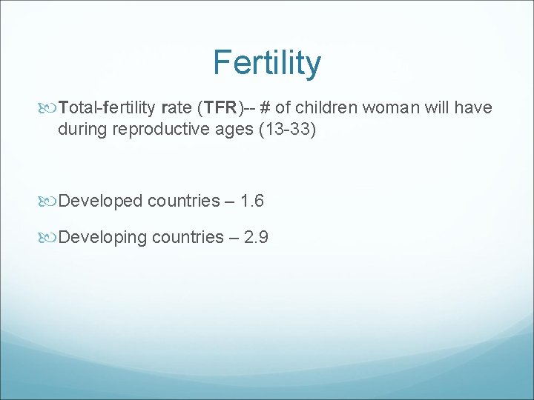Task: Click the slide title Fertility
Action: coord(267,63)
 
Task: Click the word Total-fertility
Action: coord(107,108)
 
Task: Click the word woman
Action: coord(393,108)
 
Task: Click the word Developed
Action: coord(101,201)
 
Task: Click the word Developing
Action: coord(103,237)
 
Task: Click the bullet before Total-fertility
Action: coord(50,109)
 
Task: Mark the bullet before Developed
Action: coord(50,201)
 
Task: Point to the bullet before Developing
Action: coord(50,238)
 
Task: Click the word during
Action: coord(82,130)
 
